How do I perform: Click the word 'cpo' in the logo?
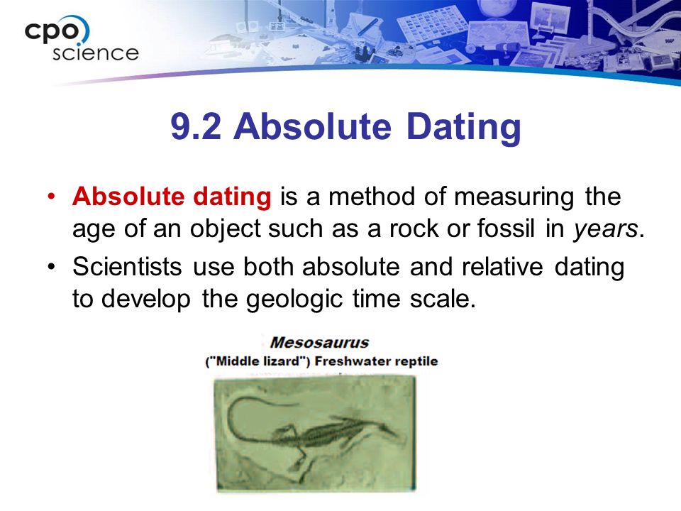[52, 31]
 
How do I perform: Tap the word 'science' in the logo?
[96, 53]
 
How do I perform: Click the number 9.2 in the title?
[196, 126]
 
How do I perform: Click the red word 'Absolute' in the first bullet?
[128, 197]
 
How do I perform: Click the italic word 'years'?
[605, 230]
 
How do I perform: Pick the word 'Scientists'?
[127, 266]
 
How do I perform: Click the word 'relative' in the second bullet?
[502, 266]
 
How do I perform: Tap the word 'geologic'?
[294, 300]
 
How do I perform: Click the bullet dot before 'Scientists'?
[52, 266]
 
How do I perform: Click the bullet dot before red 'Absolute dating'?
[52, 197]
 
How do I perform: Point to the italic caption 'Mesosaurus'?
[319, 342]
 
